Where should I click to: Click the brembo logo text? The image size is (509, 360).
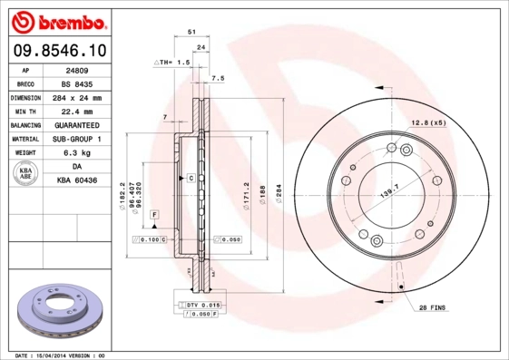(x=55, y=20)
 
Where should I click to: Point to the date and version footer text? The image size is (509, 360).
(x=62, y=355)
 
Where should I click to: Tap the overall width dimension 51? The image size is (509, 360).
(x=191, y=32)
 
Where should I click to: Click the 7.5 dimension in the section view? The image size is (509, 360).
(x=218, y=79)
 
